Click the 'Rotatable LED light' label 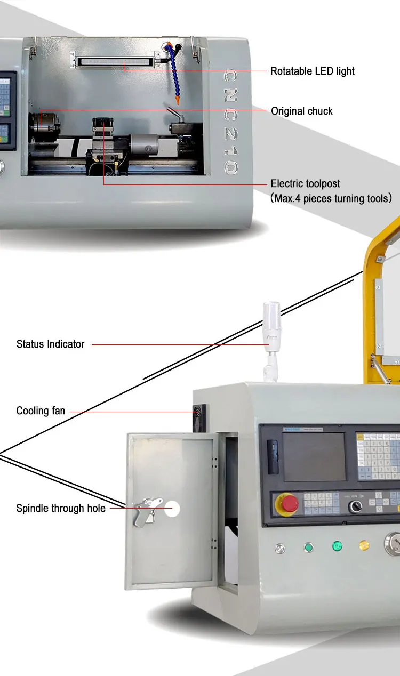[312, 71]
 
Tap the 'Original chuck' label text [301, 111]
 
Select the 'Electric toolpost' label [305, 184]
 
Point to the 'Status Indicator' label [50, 344]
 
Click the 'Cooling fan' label [41, 411]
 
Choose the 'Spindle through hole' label [60, 509]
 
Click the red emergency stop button [289, 504]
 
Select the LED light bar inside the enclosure [115, 59]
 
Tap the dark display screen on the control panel [314, 456]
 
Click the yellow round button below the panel [364, 546]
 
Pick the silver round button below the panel [280, 548]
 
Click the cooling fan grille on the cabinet [199, 416]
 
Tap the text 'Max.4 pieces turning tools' [331, 198]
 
